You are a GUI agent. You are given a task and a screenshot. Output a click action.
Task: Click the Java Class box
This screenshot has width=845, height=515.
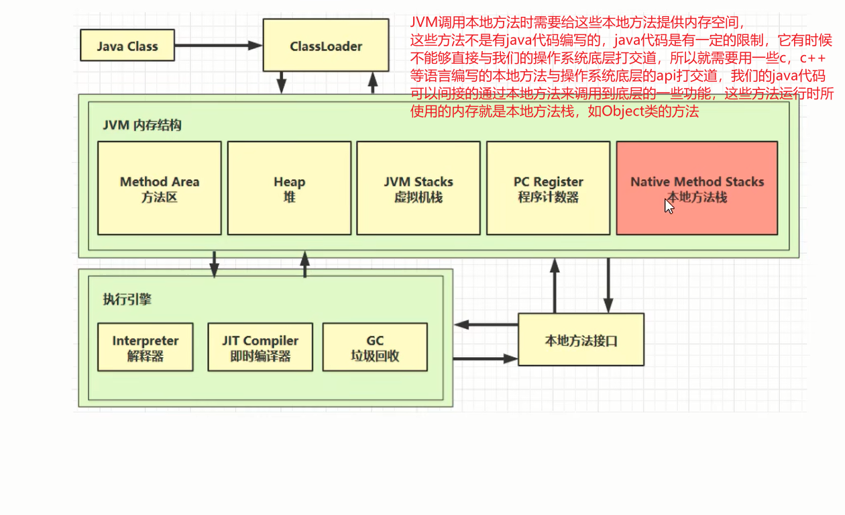[x=127, y=46]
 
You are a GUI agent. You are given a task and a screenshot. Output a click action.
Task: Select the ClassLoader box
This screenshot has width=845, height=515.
[x=325, y=45]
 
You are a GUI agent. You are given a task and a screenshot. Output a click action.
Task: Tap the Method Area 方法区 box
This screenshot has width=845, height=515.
[x=159, y=188]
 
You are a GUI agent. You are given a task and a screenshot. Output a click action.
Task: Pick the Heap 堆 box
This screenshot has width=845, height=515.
[x=289, y=188]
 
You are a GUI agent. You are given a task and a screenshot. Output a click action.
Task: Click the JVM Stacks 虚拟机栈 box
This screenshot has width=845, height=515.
[x=418, y=188]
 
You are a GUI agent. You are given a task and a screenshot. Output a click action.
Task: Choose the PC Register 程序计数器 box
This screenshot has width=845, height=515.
[x=548, y=188]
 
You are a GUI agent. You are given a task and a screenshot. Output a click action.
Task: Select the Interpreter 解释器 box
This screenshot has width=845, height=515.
[x=145, y=347]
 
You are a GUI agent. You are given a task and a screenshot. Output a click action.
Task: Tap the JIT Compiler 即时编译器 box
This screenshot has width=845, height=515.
[x=260, y=347]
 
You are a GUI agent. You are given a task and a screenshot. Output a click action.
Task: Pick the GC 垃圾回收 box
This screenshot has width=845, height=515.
[x=374, y=347]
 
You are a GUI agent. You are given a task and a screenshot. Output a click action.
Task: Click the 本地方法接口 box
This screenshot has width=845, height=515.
[x=581, y=340]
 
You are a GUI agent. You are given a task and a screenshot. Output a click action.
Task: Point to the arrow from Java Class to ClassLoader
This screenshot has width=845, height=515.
[x=218, y=46]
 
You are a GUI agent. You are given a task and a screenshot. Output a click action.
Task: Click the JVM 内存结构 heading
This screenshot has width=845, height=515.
[x=142, y=126]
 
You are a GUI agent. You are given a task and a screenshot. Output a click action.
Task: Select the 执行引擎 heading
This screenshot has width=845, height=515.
[x=127, y=299]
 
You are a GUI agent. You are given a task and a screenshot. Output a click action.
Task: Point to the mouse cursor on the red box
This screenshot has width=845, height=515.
[x=669, y=205]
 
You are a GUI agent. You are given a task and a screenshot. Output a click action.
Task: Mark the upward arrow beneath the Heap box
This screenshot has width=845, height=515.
[x=305, y=265]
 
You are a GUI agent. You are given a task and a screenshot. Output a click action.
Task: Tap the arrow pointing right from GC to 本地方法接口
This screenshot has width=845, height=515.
[x=485, y=359]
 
